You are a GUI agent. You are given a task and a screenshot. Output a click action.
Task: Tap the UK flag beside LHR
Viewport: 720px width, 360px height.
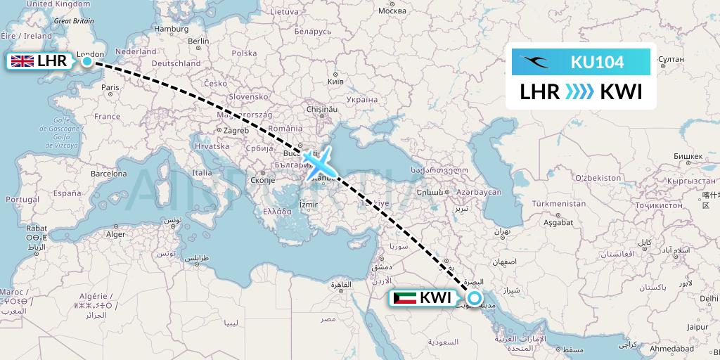[x=22, y=61]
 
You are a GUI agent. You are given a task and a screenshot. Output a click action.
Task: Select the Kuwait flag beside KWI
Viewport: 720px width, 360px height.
[x=404, y=298]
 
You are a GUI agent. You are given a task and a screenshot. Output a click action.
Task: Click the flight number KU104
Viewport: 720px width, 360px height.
[x=597, y=62]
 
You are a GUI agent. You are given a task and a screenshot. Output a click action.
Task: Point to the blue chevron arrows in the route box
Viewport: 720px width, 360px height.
[x=580, y=91]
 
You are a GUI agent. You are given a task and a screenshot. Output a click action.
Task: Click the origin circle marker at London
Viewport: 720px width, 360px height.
[x=86, y=62]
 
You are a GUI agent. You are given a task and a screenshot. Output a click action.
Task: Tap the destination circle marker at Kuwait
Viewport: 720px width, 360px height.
[x=475, y=298]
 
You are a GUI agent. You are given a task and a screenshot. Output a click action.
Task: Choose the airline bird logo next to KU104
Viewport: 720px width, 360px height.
[x=534, y=62]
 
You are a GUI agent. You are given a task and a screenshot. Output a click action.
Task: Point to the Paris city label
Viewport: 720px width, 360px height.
[x=110, y=88]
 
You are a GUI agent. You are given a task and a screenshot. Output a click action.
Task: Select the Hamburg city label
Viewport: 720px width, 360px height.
[x=172, y=29]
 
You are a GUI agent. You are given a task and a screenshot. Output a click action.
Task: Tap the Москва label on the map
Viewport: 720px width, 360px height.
[x=392, y=11]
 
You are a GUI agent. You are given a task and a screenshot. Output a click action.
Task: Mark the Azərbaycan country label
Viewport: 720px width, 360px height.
[x=478, y=192]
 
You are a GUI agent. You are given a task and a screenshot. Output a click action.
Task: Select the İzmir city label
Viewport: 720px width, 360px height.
[x=309, y=205]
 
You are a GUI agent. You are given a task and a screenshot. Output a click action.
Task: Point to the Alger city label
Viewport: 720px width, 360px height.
[x=115, y=234]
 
